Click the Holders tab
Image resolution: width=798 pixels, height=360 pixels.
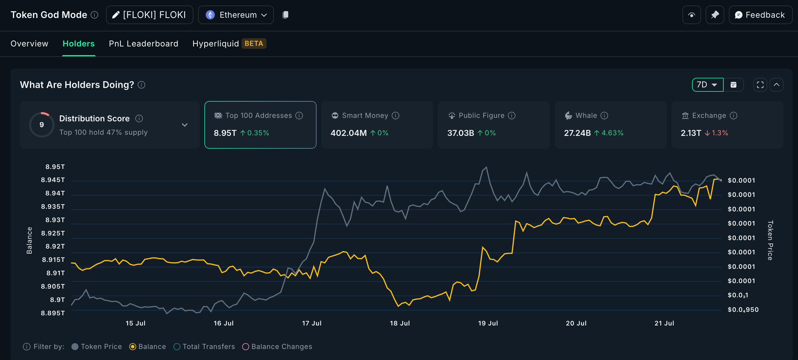point(78,43)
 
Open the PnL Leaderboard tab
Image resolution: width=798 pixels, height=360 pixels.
point(143,43)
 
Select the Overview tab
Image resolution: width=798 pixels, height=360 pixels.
point(29,43)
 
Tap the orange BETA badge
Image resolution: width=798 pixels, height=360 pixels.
point(254,43)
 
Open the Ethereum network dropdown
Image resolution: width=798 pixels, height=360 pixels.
point(236,15)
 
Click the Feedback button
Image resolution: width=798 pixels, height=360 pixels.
point(760,15)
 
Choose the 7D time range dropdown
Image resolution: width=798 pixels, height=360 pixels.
point(707,84)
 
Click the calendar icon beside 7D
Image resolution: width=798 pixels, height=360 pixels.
point(733,85)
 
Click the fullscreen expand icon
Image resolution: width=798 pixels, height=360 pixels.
point(760,85)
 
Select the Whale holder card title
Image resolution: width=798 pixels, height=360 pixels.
point(586,116)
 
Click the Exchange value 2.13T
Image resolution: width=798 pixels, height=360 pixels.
point(691,133)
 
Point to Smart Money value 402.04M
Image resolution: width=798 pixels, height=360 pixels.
point(348,133)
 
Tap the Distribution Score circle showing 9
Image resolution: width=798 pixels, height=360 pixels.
point(42,125)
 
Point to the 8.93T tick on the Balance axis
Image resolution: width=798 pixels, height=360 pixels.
point(55,220)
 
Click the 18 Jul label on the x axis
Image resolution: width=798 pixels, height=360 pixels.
point(400,323)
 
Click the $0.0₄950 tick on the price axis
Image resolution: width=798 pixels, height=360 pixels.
point(743,309)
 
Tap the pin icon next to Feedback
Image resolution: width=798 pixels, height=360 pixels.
point(715,15)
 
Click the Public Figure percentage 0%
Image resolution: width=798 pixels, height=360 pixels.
point(490,133)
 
